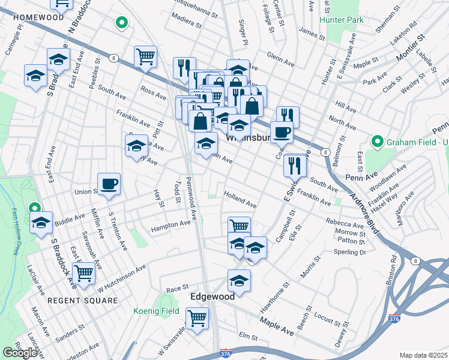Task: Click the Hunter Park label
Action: pos(342,20)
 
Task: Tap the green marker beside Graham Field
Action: pos(378,142)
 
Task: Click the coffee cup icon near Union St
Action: pos(109,184)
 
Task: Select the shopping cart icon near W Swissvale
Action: pos(197,318)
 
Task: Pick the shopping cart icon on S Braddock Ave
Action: pos(85,272)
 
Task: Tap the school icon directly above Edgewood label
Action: pos(239,280)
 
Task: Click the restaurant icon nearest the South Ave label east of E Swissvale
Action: pos(295,164)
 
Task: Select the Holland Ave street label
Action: pos(240,200)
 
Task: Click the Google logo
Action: pos(20,353)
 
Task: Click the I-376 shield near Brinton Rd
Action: pos(394,317)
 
